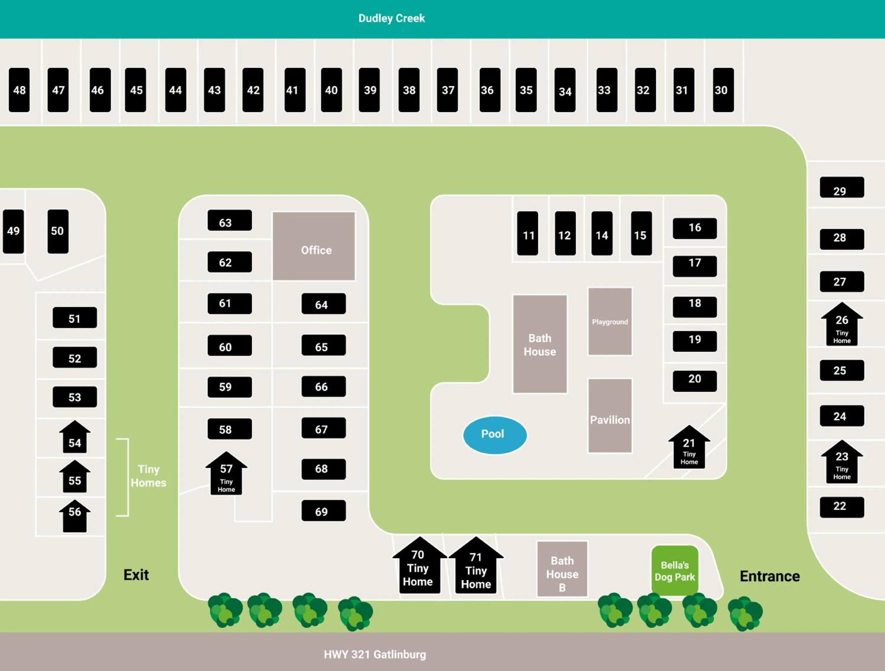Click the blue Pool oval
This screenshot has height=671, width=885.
click(494, 435)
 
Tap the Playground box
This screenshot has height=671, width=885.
click(610, 321)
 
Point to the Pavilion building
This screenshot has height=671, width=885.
click(610, 416)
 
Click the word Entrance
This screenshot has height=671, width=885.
click(769, 576)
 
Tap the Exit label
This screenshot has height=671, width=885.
click(136, 575)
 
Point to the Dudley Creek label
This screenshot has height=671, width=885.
click(391, 18)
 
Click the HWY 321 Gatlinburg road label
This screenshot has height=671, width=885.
click(375, 654)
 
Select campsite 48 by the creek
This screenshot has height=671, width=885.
click(19, 90)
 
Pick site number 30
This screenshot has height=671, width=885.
click(723, 90)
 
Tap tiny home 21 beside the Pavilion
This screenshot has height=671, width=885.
click(689, 450)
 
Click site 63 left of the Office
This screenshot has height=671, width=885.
click(230, 220)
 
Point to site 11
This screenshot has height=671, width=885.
click(527, 234)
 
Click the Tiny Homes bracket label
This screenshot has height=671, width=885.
click(148, 476)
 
